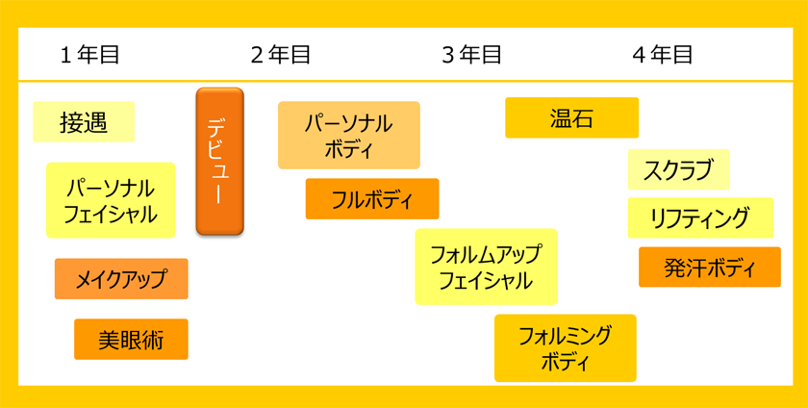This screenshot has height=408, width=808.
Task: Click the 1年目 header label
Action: [x=89, y=55]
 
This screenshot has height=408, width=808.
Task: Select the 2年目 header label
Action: [x=281, y=55]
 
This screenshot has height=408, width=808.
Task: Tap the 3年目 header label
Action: [x=471, y=55]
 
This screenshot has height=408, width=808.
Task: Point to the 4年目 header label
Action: [x=663, y=55]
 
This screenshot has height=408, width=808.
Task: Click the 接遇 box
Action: [x=84, y=122]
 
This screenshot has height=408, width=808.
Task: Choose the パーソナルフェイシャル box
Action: [x=111, y=200]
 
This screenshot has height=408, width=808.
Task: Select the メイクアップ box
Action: [x=121, y=278]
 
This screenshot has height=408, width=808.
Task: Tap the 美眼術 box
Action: [x=132, y=339]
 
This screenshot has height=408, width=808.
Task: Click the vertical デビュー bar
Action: [x=219, y=162]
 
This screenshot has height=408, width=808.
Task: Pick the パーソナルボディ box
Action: [x=349, y=135]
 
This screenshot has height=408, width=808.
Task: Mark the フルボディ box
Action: [x=372, y=198]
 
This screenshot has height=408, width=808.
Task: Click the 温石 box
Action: [x=572, y=117]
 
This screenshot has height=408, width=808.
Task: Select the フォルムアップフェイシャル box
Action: [x=487, y=267]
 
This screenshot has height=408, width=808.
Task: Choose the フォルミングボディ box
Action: [x=566, y=348]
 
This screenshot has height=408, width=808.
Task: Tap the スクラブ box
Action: [x=679, y=169]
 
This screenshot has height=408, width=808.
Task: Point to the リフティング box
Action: [x=701, y=217]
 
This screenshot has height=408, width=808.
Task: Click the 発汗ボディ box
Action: [x=710, y=268]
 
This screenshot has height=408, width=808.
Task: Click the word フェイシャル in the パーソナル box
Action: [x=111, y=214]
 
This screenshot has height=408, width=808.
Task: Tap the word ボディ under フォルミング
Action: [x=566, y=362]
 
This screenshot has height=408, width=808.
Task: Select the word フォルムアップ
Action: [x=487, y=254]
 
